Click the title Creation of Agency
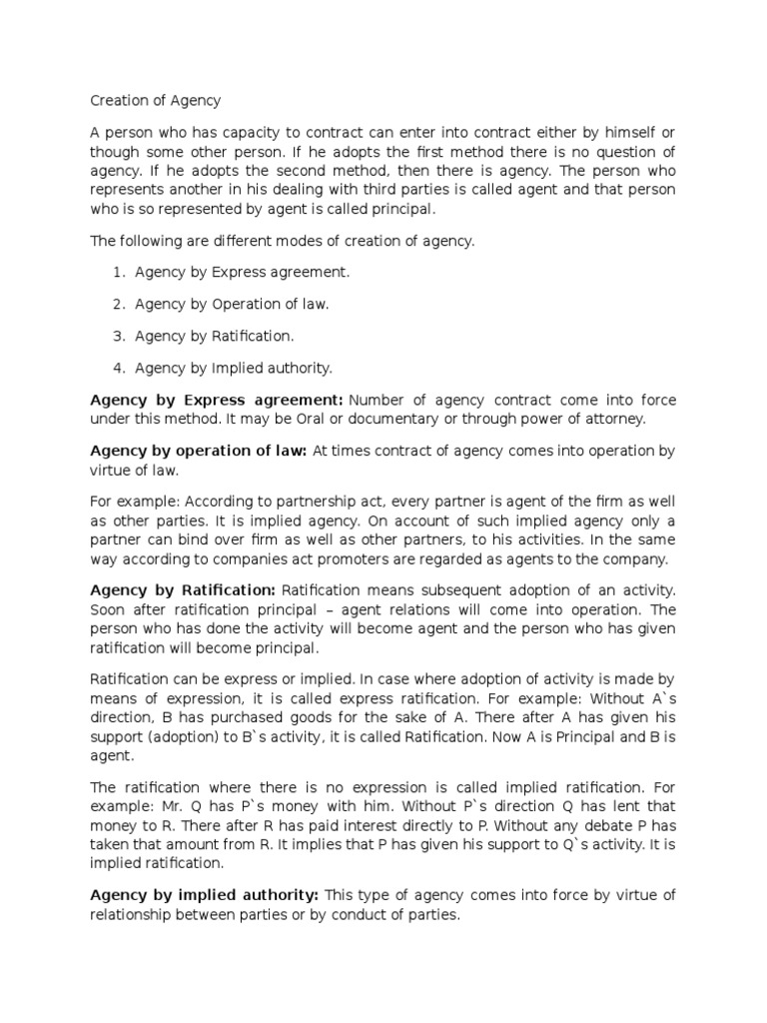pyautogui.click(x=155, y=100)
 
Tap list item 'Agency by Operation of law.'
pyautogui.click(x=232, y=304)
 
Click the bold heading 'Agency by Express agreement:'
pyautogui.click(x=217, y=400)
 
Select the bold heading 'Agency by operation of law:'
pyautogui.click(x=198, y=452)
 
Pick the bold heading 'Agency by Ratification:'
pyautogui.click(x=183, y=589)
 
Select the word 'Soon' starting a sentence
pyautogui.click(x=109, y=608)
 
